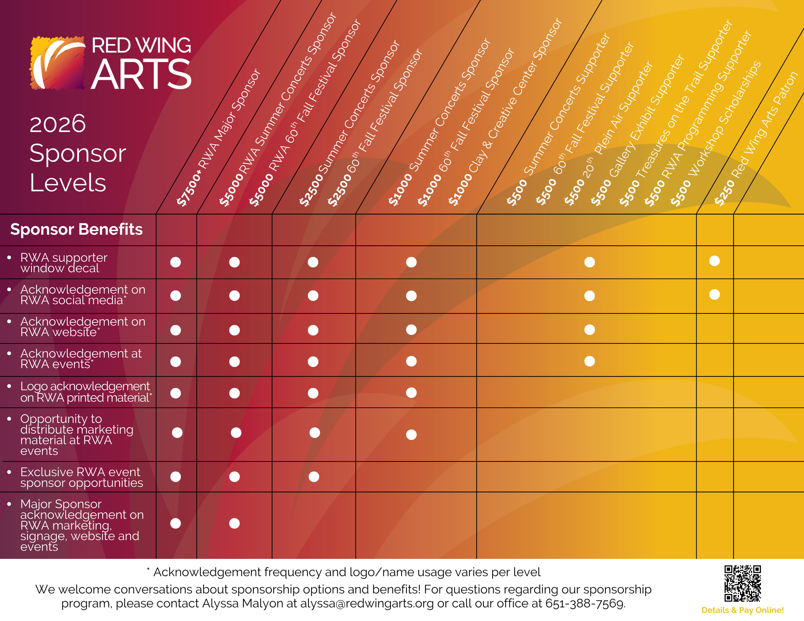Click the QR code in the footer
[x=742, y=583]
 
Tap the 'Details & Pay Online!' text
[x=742, y=610]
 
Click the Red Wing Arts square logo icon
[x=58, y=63]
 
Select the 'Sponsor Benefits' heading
[x=76, y=229]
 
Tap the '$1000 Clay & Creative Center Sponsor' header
[x=504, y=112]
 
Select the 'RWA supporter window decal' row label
[x=64, y=263]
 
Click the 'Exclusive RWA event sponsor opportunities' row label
[x=81, y=477]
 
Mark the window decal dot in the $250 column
[x=714, y=261]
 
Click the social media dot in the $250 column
[x=714, y=294]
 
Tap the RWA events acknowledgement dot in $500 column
[x=589, y=361]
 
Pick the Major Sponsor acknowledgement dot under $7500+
[x=176, y=523]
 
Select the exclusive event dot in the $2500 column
[x=314, y=477]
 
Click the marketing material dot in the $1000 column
[x=411, y=435]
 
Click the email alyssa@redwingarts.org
[x=367, y=604]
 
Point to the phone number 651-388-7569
[x=584, y=604]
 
